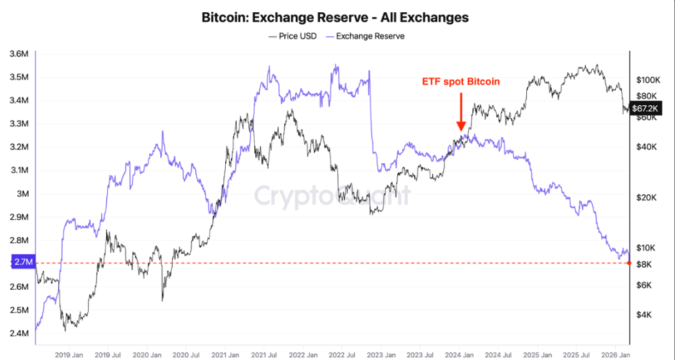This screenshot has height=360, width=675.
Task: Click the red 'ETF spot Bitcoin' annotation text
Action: tap(461, 82)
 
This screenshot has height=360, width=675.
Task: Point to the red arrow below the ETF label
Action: tap(461, 111)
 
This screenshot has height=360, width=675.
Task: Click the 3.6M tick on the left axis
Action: tap(20, 54)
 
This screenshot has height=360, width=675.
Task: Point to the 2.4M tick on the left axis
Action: tap(20, 333)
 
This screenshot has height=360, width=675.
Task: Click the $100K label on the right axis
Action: tap(647, 80)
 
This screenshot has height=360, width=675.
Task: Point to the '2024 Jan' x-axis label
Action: tap(460, 353)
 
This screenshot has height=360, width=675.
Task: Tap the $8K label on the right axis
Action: tap(644, 264)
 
